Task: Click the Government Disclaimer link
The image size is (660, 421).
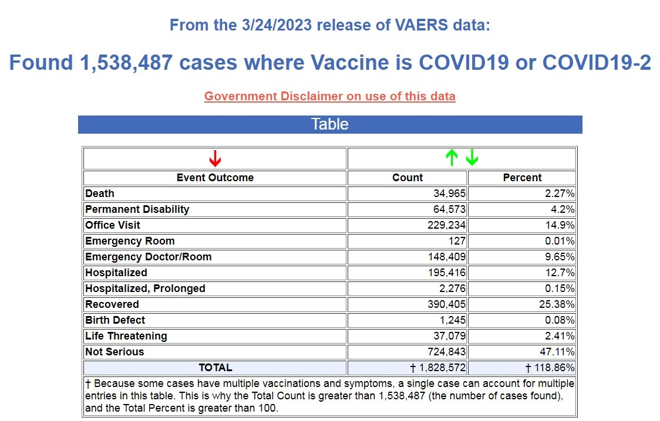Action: point(329,96)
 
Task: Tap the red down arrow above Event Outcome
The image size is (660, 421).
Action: point(215,158)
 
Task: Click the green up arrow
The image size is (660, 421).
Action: point(451,158)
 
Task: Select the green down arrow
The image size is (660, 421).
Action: point(472,158)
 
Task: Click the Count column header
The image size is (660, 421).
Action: point(408,178)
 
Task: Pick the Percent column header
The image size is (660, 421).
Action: point(522,178)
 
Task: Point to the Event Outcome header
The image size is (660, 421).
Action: point(215,178)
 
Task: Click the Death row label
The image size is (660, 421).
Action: point(100,193)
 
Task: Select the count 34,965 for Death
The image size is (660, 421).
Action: point(449,193)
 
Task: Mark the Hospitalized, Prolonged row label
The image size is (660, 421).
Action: point(145,288)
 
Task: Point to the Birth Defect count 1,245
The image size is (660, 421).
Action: point(452,320)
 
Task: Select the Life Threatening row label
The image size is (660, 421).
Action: point(126,336)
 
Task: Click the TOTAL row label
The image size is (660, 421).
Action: point(215,368)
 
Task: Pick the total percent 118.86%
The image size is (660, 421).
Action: point(550,368)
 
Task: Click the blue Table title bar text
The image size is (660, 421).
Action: point(330,124)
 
